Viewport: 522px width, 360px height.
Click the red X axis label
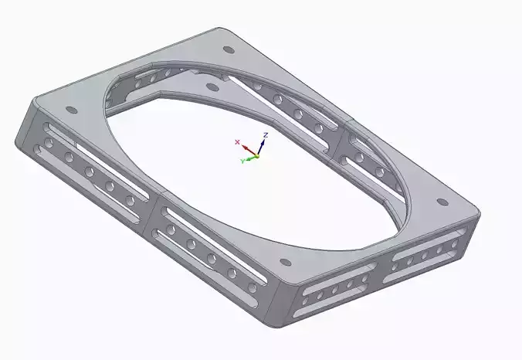237,142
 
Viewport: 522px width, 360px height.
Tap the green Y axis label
242,161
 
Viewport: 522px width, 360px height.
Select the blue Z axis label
265,135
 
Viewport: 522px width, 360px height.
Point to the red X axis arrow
246,148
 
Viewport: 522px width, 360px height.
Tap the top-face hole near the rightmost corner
442,202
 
